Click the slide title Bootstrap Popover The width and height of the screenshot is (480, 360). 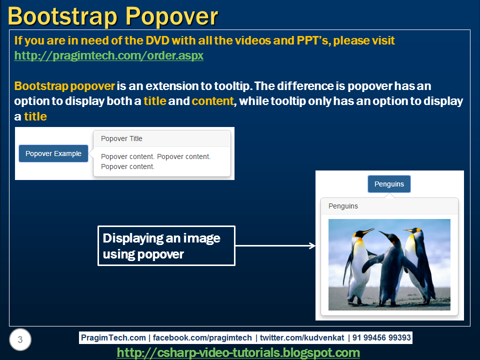coord(113,16)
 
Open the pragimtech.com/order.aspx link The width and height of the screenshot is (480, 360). coord(108,55)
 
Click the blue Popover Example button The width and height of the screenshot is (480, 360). coord(53,153)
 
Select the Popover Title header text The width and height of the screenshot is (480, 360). coord(121,138)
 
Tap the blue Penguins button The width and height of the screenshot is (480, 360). coord(389,184)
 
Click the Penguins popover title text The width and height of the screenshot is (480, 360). coord(343,206)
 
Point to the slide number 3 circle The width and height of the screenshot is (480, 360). coord(20,340)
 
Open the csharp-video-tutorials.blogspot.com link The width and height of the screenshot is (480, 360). coord(238,352)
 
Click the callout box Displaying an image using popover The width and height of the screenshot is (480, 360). coord(166,245)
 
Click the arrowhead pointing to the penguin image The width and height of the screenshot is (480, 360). coord(312,245)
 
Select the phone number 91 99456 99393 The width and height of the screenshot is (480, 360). coord(381,337)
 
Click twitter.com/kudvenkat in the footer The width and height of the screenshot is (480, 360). coord(301,337)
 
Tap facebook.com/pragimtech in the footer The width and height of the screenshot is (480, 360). coord(202,337)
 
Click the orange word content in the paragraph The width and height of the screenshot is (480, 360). coord(213,101)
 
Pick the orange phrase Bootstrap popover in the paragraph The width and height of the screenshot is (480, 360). coord(64,85)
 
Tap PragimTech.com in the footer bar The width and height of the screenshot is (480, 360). coord(113,337)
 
